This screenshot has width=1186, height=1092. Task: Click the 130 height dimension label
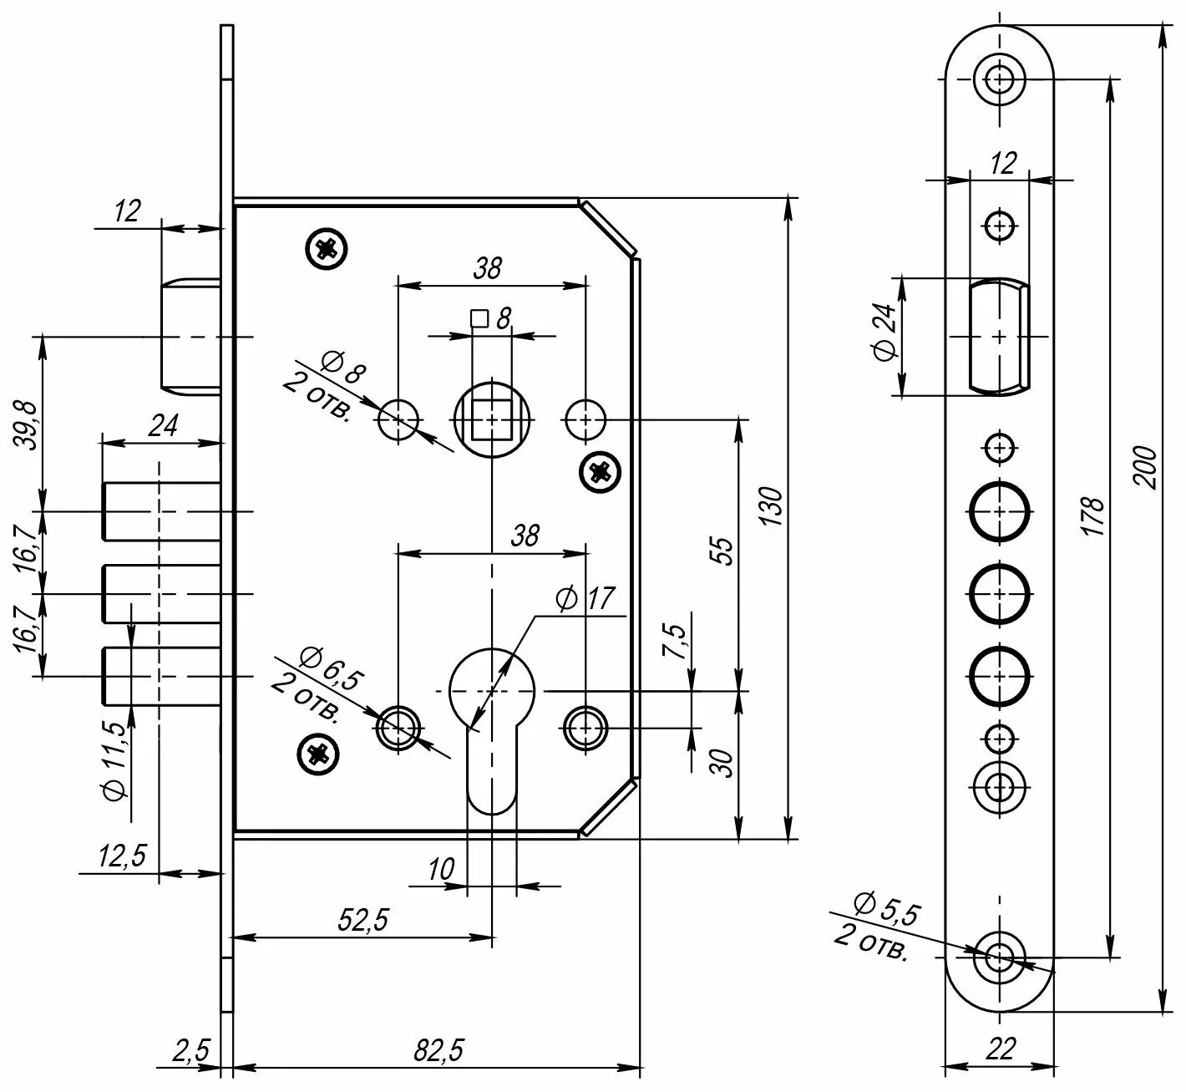[773, 505]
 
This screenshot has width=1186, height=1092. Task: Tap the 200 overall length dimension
[1148, 468]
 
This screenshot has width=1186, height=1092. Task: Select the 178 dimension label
[1093, 516]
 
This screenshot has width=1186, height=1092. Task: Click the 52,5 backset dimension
[363, 920]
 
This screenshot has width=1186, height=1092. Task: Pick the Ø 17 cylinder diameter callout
[584, 598]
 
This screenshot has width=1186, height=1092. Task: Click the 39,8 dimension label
[28, 425]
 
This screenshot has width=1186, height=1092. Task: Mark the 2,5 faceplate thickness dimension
[190, 1050]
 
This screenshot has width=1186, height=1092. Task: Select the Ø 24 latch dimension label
[884, 332]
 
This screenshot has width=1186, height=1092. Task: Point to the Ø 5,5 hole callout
[885, 912]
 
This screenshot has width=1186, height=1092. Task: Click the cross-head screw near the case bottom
[319, 754]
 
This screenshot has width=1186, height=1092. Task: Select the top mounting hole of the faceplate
[1000, 80]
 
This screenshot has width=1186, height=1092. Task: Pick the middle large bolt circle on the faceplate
[1000, 592]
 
